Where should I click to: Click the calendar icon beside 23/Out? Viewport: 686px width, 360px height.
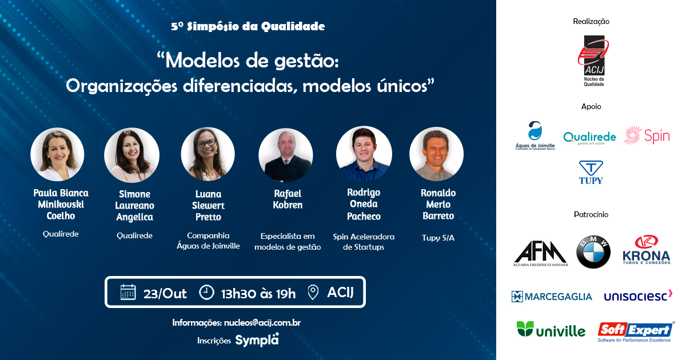pyautogui.click(x=128, y=292)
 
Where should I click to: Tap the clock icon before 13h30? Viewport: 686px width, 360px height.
pyautogui.click(x=207, y=293)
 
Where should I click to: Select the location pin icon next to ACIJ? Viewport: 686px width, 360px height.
pyautogui.click(x=313, y=293)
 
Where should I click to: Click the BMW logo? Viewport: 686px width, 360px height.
pyautogui.click(x=593, y=252)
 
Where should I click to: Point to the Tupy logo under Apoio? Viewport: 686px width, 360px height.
pyautogui.click(x=591, y=173)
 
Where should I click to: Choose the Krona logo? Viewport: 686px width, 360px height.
pyautogui.click(x=647, y=250)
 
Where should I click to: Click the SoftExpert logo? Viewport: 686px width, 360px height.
pyautogui.click(x=636, y=332)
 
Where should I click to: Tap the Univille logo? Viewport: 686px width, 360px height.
pyautogui.click(x=551, y=329)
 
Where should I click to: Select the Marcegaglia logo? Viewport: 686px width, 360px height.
pyautogui.click(x=552, y=297)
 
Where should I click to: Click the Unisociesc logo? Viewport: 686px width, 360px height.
pyautogui.click(x=638, y=295)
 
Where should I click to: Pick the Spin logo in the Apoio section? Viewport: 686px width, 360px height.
pyautogui.click(x=647, y=135)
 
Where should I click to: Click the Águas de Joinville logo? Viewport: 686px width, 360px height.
pyautogui.click(x=535, y=135)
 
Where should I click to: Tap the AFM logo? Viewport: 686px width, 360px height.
pyautogui.click(x=540, y=254)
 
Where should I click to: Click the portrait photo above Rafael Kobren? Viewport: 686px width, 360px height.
pyautogui.click(x=286, y=155)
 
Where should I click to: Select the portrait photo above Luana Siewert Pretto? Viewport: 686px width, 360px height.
pyautogui.click(x=208, y=154)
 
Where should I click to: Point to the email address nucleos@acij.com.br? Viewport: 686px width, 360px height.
pyautogui.click(x=262, y=323)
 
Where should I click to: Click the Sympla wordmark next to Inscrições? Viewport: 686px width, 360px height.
pyautogui.click(x=257, y=340)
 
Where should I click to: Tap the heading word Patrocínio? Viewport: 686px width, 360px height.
pyautogui.click(x=591, y=214)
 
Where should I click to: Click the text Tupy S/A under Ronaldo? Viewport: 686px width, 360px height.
pyautogui.click(x=438, y=238)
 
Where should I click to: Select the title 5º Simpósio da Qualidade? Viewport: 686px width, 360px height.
pyautogui.click(x=248, y=26)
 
